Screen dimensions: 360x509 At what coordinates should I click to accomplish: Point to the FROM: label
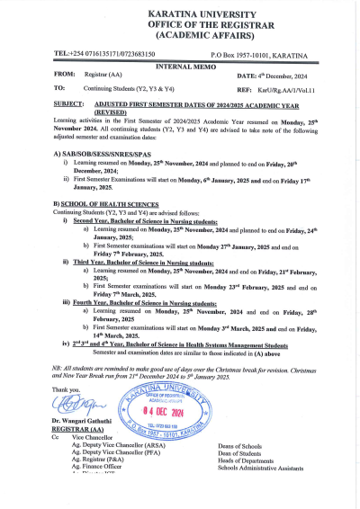pos(65,76)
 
